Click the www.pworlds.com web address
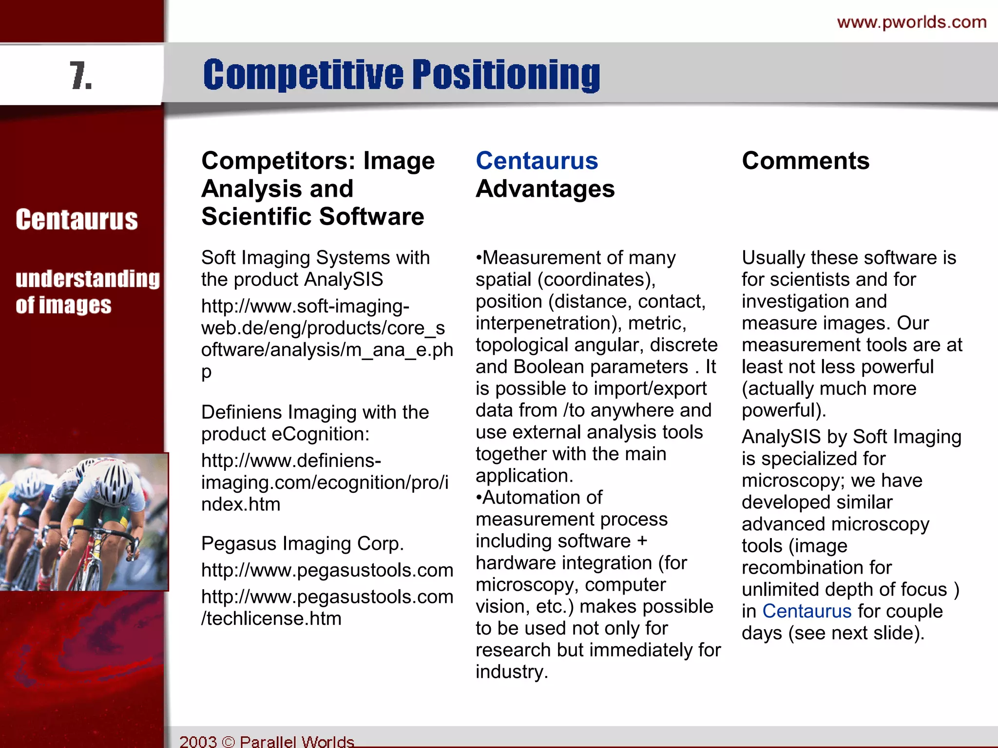tap(912, 22)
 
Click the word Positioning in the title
tap(506, 75)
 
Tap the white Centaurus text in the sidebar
tap(77, 219)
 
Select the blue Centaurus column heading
tap(537, 161)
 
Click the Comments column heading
tap(806, 161)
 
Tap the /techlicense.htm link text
tap(271, 618)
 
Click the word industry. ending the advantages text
tap(512, 672)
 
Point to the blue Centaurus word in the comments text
tap(806, 611)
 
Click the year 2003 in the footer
tap(198, 741)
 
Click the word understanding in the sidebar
tap(88, 279)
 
